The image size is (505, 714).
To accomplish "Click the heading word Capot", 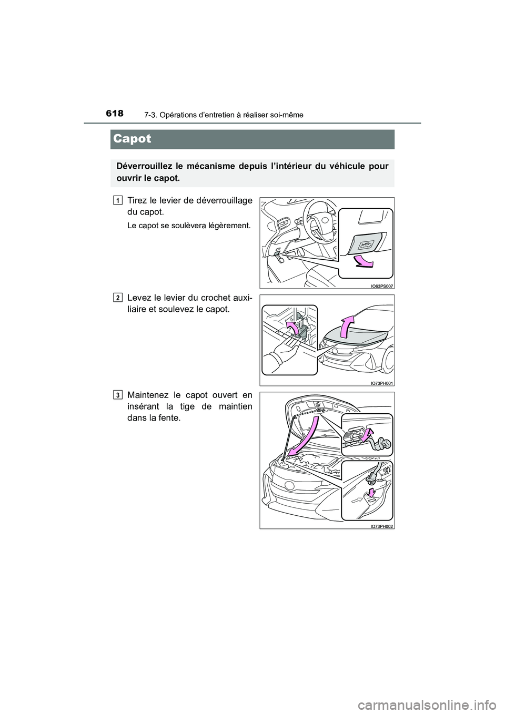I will pos(132,139).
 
